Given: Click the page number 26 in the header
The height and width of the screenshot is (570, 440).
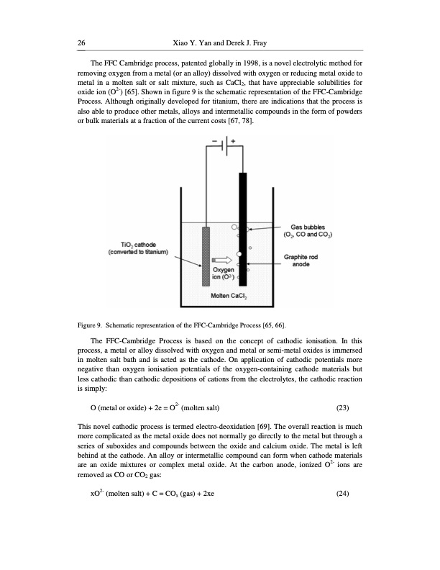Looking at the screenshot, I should [81, 45].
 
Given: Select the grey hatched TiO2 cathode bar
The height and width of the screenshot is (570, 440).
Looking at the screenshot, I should [206, 256].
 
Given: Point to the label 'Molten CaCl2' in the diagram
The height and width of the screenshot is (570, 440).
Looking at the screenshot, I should [228, 297].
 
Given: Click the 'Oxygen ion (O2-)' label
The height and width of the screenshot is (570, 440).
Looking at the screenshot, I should [223, 274].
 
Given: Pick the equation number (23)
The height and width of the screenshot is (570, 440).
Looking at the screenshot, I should [344, 409].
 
